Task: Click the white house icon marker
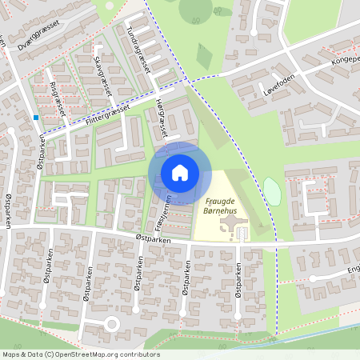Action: click(180, 173)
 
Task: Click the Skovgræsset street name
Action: click(101, 76)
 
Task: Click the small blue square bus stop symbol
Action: click(37, 118)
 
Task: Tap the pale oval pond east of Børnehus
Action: click(272, 191)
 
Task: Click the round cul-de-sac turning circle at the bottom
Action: click(111, 324)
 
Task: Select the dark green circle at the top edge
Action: click(196, 8)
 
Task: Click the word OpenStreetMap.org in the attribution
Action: click(86, 354)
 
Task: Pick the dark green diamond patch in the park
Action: click(205, 56)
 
